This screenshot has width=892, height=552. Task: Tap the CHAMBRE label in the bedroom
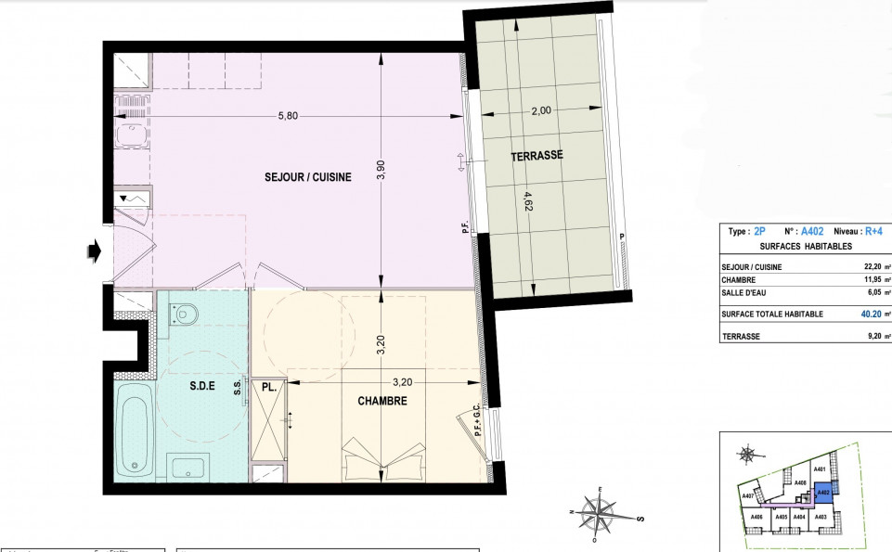coord(382,401)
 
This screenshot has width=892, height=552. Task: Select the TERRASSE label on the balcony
coord(536,156)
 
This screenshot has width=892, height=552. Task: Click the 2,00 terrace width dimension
coord(541,110)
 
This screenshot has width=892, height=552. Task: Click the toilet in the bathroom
coord(186,315)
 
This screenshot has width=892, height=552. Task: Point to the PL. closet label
coord(270,387)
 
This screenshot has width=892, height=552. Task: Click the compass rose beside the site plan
coord(748,454)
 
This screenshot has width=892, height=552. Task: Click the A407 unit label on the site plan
coord(749,496)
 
